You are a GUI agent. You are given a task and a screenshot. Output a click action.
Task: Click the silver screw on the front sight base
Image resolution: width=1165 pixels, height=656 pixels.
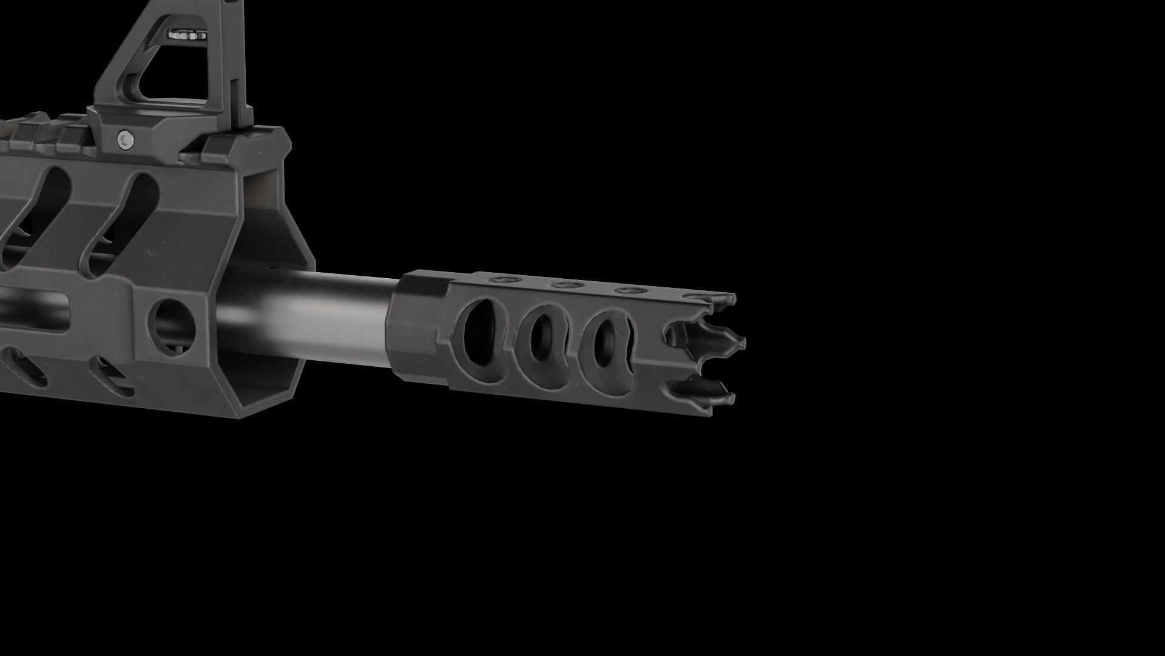pyautogui.click(x=126, y=138)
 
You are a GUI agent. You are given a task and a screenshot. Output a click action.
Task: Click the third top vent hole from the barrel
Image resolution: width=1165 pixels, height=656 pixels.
pyautogui.click(x=629, y=290)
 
